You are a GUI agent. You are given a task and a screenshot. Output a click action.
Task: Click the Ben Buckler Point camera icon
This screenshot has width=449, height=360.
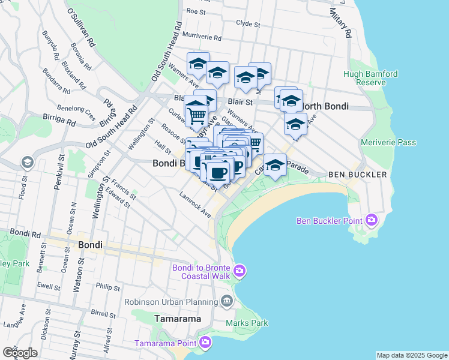tap(372, 220)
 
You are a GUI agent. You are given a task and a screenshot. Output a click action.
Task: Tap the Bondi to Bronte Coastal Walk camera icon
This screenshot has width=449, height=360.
tap(240, 272)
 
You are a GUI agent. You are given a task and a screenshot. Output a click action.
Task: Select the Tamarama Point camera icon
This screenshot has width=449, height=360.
tap(206, 343)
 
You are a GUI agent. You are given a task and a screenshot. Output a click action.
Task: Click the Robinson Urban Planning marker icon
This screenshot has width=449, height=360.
tap(226, 301)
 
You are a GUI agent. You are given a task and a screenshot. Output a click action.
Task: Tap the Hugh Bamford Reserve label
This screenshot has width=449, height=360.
tap(370, 78)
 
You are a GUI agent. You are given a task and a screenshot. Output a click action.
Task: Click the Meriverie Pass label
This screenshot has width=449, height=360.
tap(388, 142)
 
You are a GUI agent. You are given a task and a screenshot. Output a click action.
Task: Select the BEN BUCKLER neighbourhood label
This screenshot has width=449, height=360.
tap(353, 175)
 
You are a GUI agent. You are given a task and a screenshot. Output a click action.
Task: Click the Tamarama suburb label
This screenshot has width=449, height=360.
tap(178, 319)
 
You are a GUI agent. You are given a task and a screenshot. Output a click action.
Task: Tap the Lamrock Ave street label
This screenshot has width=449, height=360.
tap(196, 205)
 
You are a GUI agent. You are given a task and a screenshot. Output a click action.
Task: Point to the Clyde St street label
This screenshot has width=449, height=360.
tap(248, 25)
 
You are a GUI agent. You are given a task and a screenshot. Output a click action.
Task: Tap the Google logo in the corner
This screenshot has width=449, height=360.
tap(20, 352)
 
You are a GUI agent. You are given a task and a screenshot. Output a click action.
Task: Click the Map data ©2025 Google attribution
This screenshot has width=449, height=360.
tap(411, 355)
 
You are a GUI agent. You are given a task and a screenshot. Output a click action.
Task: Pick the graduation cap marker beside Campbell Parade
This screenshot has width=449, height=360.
tap(275, 165)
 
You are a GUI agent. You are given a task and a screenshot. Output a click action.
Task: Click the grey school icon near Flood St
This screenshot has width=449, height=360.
tap(27, 163)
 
